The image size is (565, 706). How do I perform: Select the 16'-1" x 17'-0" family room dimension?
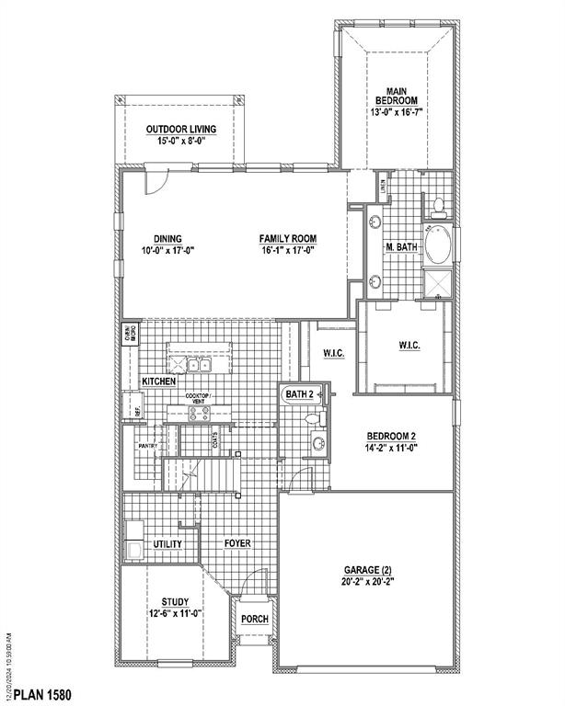(x=287, y=250)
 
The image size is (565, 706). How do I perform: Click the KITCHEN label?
(x=158, y=381)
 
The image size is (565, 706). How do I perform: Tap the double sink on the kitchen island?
(x=200, y=365)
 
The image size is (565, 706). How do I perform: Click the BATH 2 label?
(x=299, y=394)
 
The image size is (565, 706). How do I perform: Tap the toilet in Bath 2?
(x=315, y=419)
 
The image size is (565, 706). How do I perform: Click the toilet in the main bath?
(x=439, y=205)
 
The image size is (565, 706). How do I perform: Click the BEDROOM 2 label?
(x=393, y=438)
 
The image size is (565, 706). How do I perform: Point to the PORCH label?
(x=255, y=619)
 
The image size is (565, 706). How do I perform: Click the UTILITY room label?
(x=167, y=544)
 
